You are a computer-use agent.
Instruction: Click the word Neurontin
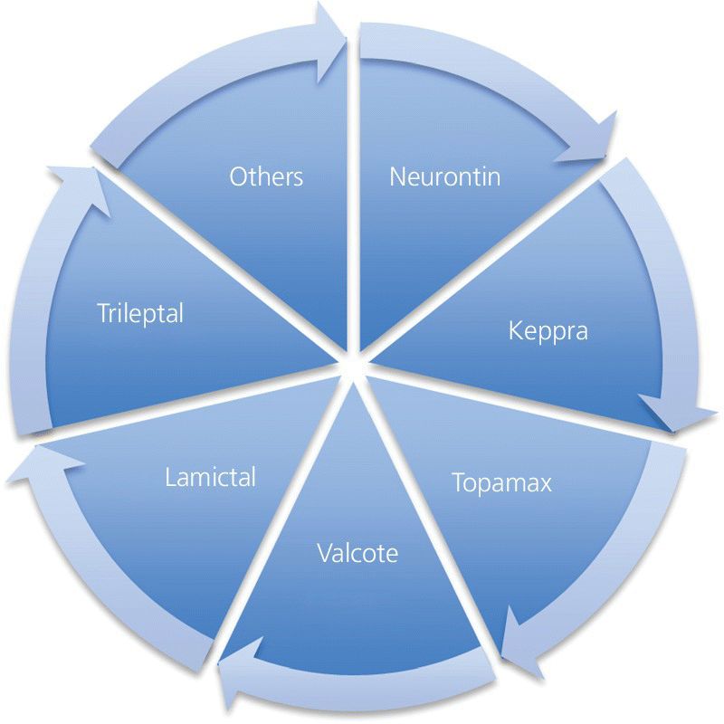click(x=444, y=176)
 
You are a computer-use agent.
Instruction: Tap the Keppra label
click(x=548, y=330)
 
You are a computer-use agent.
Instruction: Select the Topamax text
click(x=501, y=482)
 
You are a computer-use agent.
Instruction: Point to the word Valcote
click(x=357, y=552)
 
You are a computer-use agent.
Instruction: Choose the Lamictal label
click(x=211, y=476)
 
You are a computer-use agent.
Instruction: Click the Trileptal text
click(x=140, y=314)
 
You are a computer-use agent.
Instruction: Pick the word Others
click(x=266, y=176)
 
